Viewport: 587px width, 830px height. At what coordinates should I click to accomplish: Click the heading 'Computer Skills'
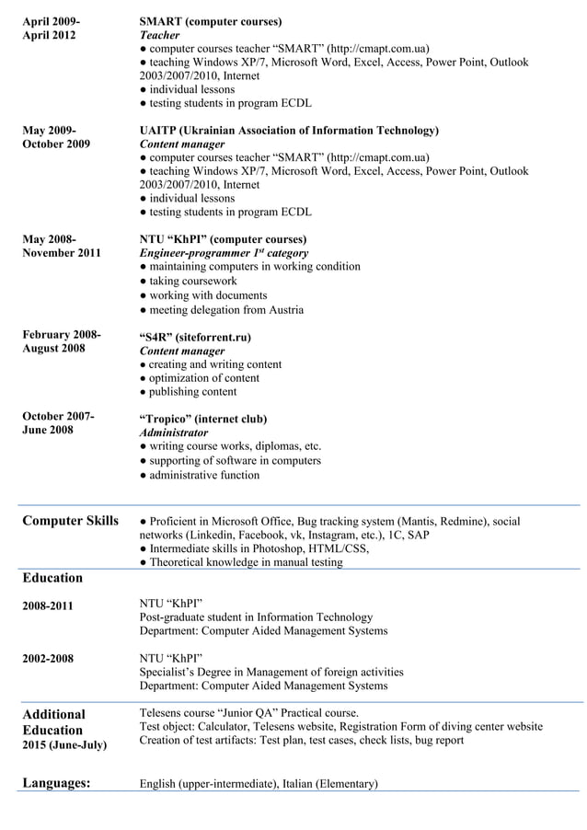pos(70,522)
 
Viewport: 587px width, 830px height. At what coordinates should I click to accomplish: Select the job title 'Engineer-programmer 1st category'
pos(224,253)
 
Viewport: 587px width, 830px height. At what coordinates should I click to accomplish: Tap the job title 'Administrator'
pos(174,432)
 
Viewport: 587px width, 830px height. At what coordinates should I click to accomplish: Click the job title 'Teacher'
pos(159,35)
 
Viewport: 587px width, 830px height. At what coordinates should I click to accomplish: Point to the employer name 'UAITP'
pos(163,131)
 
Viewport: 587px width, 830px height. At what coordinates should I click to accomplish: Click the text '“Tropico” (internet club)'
pos(203,419)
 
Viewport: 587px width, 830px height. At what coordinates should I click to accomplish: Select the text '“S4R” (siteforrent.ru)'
pos(195,337)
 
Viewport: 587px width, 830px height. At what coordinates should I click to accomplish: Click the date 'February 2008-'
pos(62,334)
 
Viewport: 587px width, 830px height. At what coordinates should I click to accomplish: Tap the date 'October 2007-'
pos(58,416)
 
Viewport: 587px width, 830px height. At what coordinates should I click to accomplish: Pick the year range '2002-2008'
pos(48,659)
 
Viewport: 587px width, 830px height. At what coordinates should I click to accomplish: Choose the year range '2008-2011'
pos(48,605)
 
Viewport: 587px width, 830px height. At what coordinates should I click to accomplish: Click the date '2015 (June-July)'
pos(64,744)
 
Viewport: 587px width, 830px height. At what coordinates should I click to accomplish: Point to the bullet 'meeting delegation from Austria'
pos(225,310)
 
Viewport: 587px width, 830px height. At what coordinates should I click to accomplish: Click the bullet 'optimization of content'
pos(204,378)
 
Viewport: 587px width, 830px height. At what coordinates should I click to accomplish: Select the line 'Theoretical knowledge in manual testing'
pos(246,562)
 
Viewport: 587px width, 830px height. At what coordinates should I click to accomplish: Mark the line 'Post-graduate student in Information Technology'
pos(256,617)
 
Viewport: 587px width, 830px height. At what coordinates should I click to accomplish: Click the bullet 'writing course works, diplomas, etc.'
pos(235,446)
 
